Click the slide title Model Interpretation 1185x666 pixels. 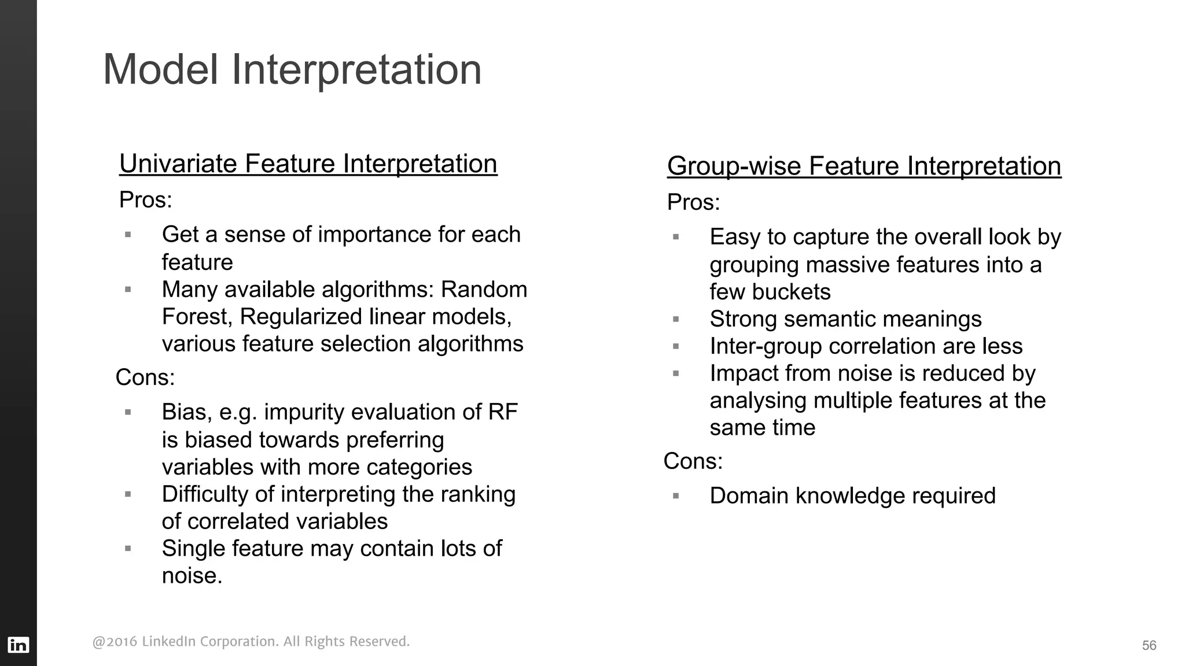[292, 70]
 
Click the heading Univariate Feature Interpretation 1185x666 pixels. [308, 164]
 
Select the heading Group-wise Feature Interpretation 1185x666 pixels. [864, 166]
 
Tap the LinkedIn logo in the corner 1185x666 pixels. [18, 645]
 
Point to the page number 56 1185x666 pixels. [1149, 646]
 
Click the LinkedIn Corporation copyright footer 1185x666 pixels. [251, 642]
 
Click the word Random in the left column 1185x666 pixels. [484, 290]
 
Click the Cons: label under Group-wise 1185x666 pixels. [693, 461]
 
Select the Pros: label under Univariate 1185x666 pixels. [145, 200]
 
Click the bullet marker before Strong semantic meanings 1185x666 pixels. [675, 319]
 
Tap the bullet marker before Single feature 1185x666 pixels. [128, 549]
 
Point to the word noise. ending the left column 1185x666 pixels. [192, 576]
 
